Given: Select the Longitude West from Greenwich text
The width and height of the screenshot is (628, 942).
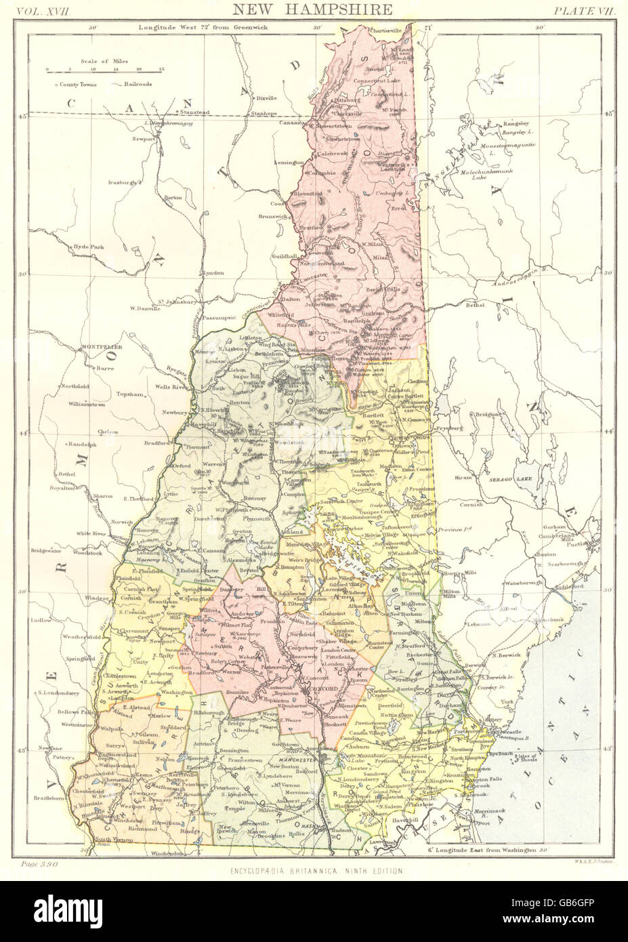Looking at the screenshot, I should point(192,28).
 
